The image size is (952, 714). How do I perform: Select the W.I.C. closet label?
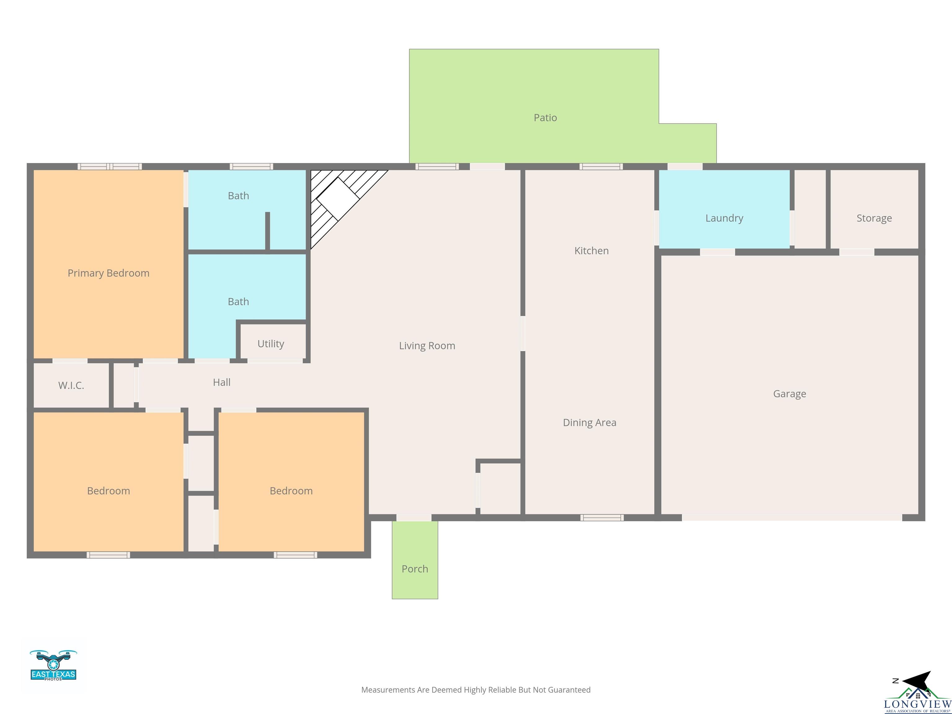click(71, 385)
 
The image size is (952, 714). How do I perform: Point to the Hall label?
click(222, 382)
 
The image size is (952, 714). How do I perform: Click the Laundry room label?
click(724, 218)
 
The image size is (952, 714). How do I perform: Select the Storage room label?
click(874, 218)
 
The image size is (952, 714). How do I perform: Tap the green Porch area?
click(415, 559)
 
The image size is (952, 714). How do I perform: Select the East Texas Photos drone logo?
click(53, 665)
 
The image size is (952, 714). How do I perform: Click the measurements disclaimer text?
click(476, 690)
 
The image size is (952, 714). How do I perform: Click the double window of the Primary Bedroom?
click(110, 166)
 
